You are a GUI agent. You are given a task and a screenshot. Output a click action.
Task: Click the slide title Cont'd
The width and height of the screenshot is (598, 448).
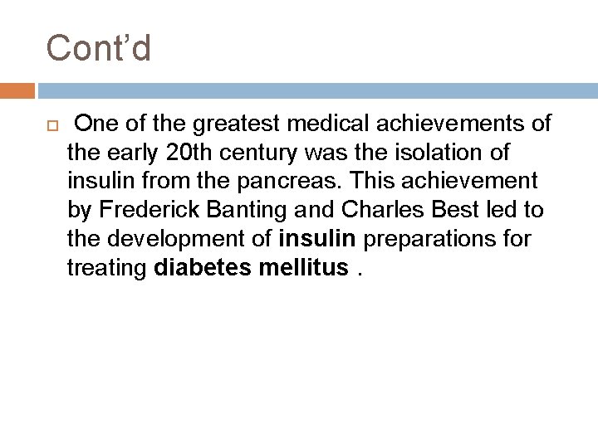(99, 47)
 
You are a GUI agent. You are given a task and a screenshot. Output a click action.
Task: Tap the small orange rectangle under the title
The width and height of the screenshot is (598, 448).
(17, 90)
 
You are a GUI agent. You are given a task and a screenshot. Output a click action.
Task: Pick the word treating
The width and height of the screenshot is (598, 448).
(107, 267)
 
